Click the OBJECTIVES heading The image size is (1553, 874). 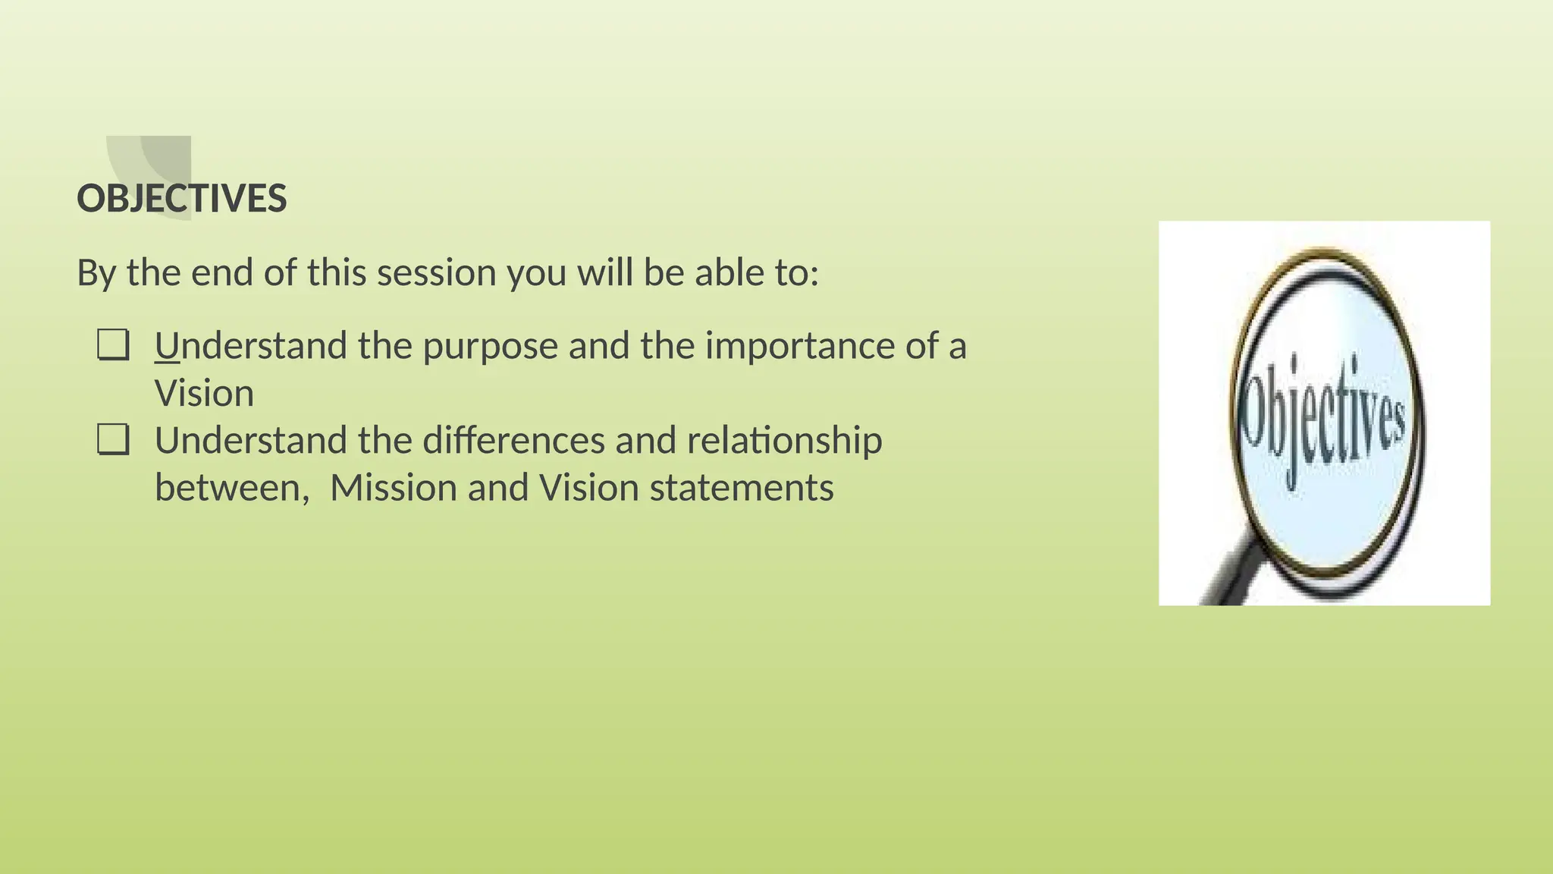click(x=182, y=199)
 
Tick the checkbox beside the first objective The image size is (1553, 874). click(x=113, y=345)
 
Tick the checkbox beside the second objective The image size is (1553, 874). click(x=113, y=439)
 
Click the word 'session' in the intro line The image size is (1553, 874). click(x=436, y=273)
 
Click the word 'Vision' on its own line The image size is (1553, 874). click(x=204, y=394)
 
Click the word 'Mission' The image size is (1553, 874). click(x=393, y=488)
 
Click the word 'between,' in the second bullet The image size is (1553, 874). click(x=232, y=488)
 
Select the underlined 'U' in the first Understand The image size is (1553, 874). click(x=167, y=347)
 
